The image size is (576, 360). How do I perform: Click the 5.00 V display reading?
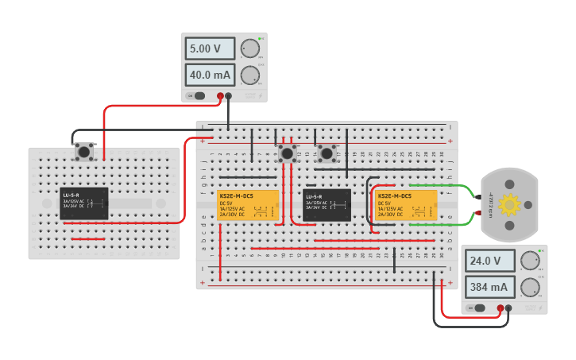[x=211, y=48]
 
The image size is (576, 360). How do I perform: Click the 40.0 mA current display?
[x=211, y=75]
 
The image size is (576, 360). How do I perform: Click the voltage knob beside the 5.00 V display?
[x=250, y=48]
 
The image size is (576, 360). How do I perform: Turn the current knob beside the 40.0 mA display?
[x=250, y=75]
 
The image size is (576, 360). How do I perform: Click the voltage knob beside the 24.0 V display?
[x=529, y=261]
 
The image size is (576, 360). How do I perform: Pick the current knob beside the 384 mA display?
[x=529, y=287]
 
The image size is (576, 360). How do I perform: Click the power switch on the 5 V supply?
[x=195, y=96]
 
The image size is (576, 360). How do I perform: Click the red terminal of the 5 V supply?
[x=220, y=96]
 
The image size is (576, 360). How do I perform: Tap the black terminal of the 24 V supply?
[x=509, y=308]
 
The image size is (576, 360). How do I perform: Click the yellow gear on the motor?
[x=509, y=205]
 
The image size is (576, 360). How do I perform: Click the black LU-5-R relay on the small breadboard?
[x=84, y=203]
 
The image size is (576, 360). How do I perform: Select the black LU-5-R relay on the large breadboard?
[x=327, y=205]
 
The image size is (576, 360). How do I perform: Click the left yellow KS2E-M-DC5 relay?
[x=248, y=205]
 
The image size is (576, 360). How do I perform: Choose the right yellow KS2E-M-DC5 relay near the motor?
[x=406, y=205]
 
